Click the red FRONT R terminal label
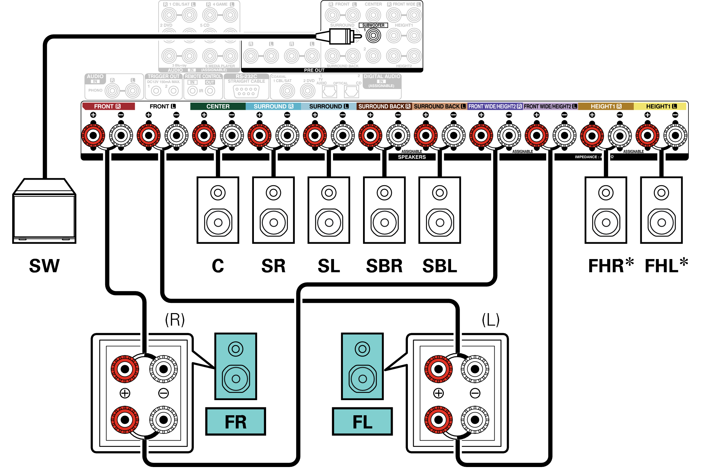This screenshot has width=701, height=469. [108, 106]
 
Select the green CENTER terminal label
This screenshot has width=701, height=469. [218, 106]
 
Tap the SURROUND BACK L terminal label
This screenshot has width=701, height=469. [440, 106]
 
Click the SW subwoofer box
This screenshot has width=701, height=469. [44, 211]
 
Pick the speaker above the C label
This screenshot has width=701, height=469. [218, 210]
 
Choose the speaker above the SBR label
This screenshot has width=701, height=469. [384, 210]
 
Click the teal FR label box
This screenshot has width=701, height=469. [235, 422]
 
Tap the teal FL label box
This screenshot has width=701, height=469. [362, 422]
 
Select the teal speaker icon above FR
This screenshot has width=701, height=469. [235, 366]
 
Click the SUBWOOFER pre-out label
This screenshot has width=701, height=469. [373, 25]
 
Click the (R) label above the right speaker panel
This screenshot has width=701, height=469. [175, 319]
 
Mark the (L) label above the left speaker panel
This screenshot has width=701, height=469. [491, 319]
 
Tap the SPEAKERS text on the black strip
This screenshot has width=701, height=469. [411, 157]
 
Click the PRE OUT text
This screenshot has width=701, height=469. [314, 70]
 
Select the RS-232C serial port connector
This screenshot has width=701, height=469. [246, 91]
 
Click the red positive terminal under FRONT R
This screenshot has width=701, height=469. [93, 135]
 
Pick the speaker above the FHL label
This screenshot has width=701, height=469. [661, 210]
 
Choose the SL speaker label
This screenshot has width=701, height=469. [329, 266]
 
